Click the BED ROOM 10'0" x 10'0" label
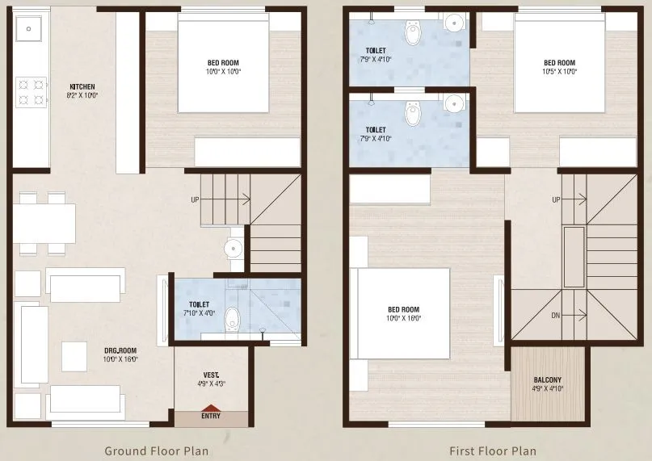tap(223, 67)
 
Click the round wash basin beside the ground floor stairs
tap(235, 249)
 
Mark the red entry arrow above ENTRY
tap(210, 408)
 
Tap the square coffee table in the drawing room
tap(76, 356)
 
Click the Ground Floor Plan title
tap(156, 451)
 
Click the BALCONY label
tap(548, 383)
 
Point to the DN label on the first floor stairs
tap(556, 316)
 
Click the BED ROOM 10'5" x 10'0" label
tap(559, 67)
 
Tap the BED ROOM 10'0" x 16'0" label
tap(404, 313)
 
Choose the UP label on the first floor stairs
tap(556, 199)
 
